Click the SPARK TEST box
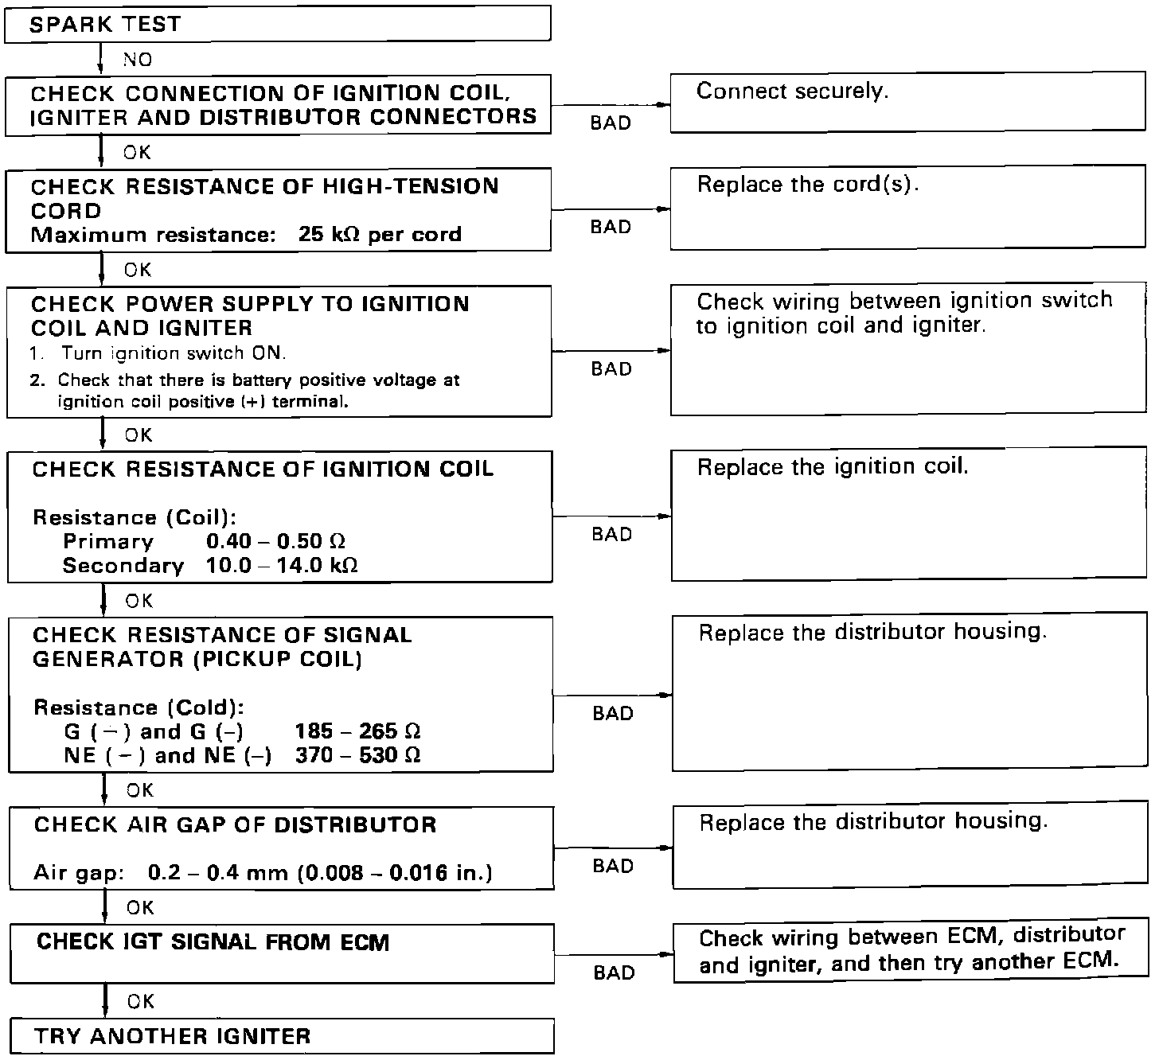coord(277,24)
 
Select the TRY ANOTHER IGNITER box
coord(282,1036)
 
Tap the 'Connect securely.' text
coord(792,92)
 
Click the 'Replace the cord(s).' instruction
coord(808,185)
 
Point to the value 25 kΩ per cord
coord(380,235)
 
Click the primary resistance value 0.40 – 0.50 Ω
coord(275,542)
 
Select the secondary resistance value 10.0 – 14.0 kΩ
coord(281,566)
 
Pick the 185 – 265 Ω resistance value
coord(357,731)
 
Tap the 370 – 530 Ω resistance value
coord(357,755)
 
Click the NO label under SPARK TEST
coord(138,60)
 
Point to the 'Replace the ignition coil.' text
coord(833,466)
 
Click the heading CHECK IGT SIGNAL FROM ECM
coord(213,942)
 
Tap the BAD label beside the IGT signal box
coord(614,972)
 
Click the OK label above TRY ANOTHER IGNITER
coord(140,1001)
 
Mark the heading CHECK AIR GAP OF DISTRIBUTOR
coord(235,824)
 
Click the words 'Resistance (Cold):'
coord(139,707)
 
